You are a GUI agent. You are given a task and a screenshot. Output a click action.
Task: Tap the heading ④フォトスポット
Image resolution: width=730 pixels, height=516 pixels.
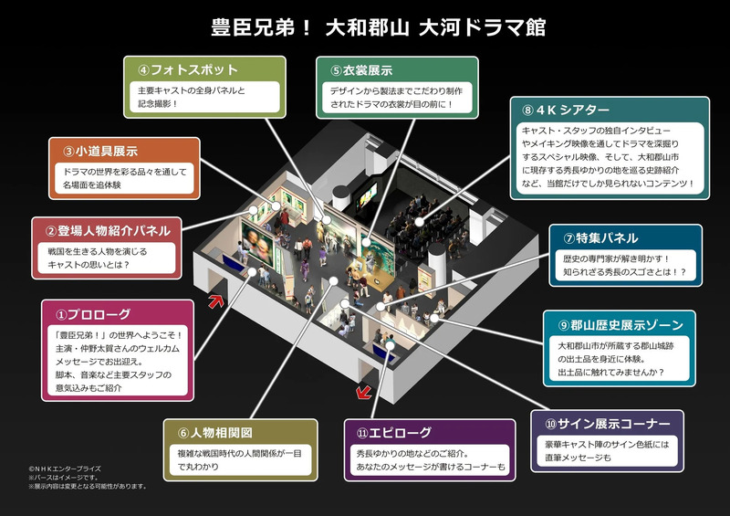188,70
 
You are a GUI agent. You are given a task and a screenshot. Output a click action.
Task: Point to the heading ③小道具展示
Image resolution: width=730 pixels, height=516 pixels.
101,151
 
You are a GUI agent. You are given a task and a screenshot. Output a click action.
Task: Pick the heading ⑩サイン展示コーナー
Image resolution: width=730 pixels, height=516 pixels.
606,424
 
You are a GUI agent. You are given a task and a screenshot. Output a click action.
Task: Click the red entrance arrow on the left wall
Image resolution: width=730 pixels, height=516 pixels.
216,300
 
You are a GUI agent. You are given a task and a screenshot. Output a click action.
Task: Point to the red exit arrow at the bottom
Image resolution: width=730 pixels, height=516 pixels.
364,393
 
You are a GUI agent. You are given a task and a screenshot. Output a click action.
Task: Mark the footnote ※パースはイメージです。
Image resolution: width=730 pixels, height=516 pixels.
63,477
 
